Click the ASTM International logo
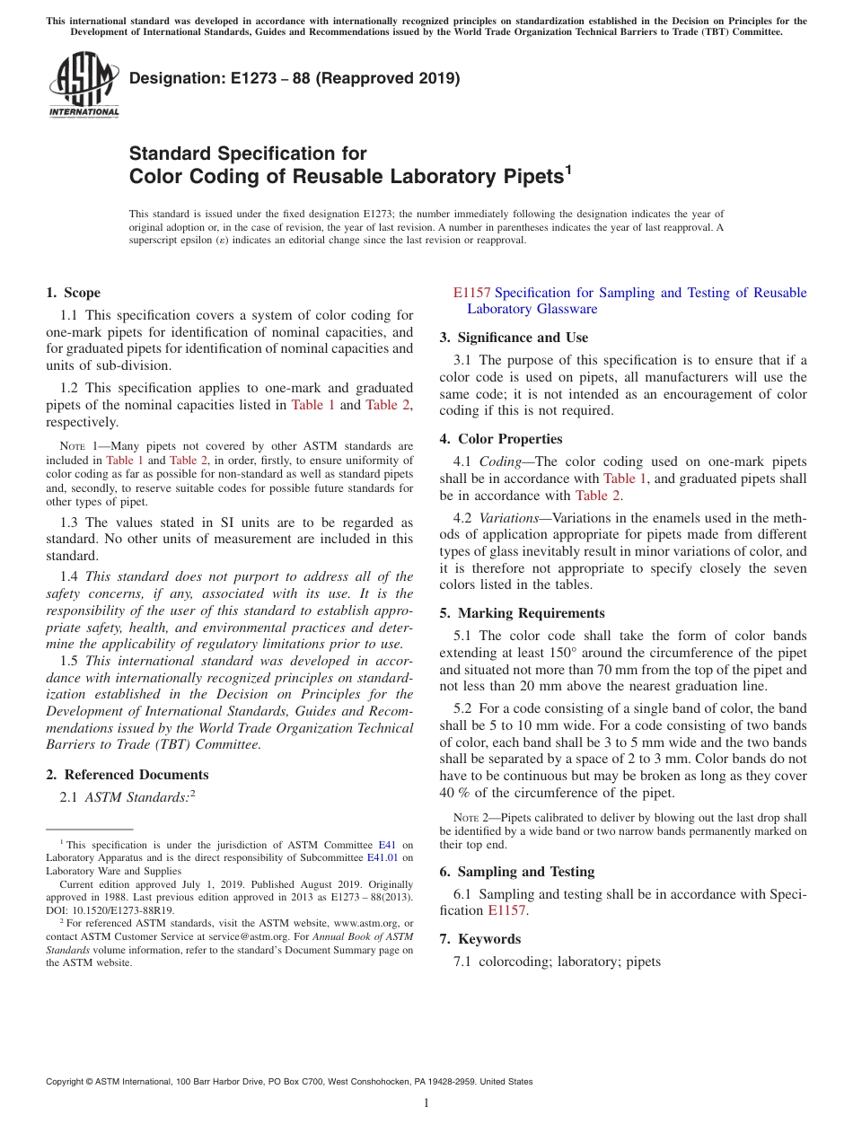pyautogui.click(x=84, y=84)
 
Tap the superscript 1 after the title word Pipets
pyautogui.click(x=567, y=169)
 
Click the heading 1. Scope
pyautogui.click(x=73, y=293)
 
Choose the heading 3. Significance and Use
pyautogui.click(x=514, y=338)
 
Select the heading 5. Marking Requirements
pyautogui.click(x=522, y=613)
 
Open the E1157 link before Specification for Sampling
pyautogui.click(x=471, y=293)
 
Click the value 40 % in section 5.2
pyautogui.click(x=455, y=793)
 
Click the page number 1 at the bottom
pyautogui.click(x=426, y=1103)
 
